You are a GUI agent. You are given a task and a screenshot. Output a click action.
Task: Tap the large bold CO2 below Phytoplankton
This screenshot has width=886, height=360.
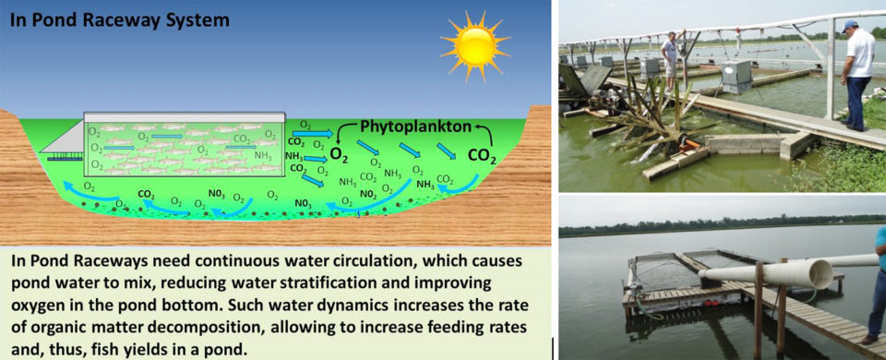pyautogui.click(x=483, y=156)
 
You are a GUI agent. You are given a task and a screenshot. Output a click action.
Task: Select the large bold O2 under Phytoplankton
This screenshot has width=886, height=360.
pyautogui.click(x=340, y=154)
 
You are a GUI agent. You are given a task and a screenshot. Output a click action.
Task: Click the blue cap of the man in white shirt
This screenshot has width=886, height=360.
pyautogui.click(x=850, y=26)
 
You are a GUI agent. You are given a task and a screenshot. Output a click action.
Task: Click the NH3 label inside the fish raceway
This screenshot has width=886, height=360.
pyautogui.click(x=262, y=157)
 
